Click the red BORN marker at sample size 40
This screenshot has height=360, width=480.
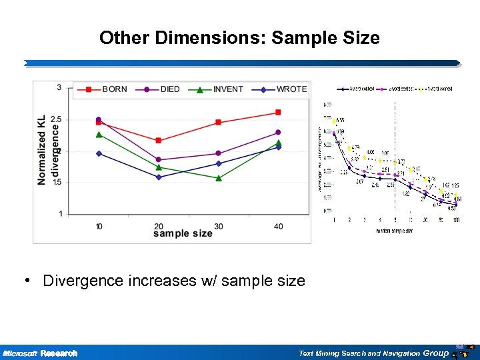(x=278, y=112)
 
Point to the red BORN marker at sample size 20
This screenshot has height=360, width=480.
(x=158, y=141)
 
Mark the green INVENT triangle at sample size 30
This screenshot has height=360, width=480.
(x=219, y=178)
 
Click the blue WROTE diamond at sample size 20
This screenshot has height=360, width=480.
(x=159, y=177)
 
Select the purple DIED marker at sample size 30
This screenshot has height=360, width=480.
(x=219, y=153)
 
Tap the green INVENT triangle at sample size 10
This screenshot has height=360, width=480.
(x=99, y=135)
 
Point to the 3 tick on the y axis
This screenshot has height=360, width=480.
(x=59, y=87)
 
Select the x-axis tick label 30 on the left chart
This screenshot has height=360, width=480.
(x=219, y=227)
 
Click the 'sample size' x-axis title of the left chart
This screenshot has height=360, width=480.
(x=183, y=234)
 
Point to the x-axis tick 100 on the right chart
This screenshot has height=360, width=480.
(x=455, y=219)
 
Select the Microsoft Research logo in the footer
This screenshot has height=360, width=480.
(x=40, y=353)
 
